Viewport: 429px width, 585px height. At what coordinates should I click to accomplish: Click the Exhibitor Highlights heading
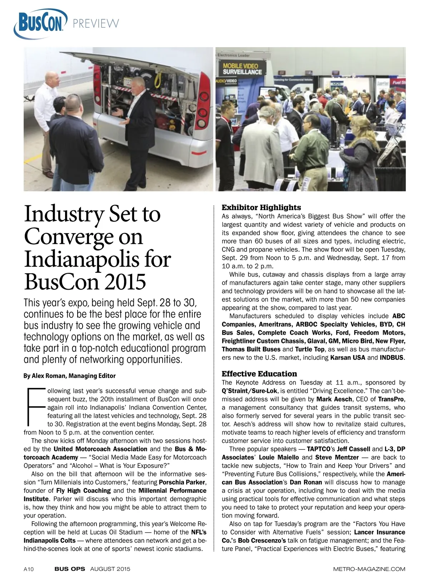(261, 207)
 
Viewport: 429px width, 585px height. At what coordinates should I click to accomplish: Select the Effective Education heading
(259, 374)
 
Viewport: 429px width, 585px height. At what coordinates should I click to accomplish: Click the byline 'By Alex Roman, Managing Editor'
(70, 376)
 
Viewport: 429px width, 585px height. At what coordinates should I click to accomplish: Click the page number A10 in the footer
(29, 569)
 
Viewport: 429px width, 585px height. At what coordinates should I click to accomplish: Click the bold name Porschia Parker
(182, 482)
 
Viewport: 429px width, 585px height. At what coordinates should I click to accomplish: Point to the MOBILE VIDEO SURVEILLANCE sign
(242, 69)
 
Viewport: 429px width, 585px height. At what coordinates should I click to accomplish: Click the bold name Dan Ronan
(306, 482)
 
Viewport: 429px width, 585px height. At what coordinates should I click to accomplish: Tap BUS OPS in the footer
(70, 569)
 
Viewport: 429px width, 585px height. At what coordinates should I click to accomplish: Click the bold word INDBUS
(392, 357)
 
